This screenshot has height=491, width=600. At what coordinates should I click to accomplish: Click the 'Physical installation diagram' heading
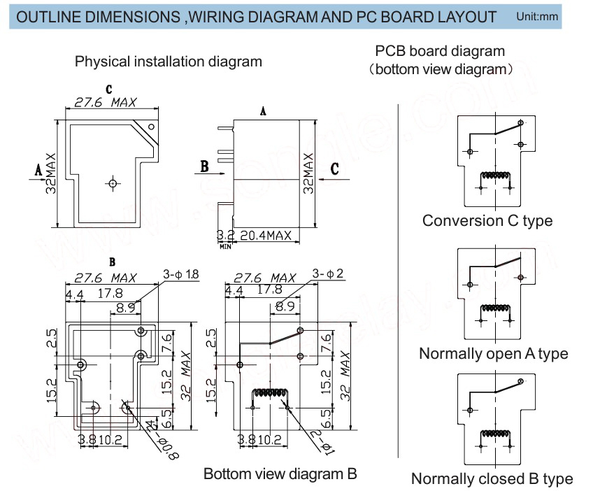click(169, 61)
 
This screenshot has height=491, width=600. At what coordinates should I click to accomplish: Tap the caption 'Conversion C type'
click(487, 220)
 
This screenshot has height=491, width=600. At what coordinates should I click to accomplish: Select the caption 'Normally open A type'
click(493, 353)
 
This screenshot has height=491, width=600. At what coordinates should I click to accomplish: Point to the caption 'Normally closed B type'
click(492, 478)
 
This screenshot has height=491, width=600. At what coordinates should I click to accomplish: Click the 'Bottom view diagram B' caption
click(280, 474)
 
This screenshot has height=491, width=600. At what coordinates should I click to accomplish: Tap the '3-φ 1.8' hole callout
click(180, 274)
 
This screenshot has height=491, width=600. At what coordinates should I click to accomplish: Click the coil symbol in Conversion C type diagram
click(494, 178)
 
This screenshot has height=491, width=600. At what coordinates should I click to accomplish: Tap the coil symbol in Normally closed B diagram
click(494, 435)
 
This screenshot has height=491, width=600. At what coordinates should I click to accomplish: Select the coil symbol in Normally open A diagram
click(494, 310)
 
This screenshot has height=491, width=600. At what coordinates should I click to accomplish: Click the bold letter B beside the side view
click(204, 166)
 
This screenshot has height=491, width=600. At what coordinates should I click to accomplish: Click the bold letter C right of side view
click(335, 168)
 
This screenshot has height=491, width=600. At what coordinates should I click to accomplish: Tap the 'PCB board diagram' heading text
click(439, 52)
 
